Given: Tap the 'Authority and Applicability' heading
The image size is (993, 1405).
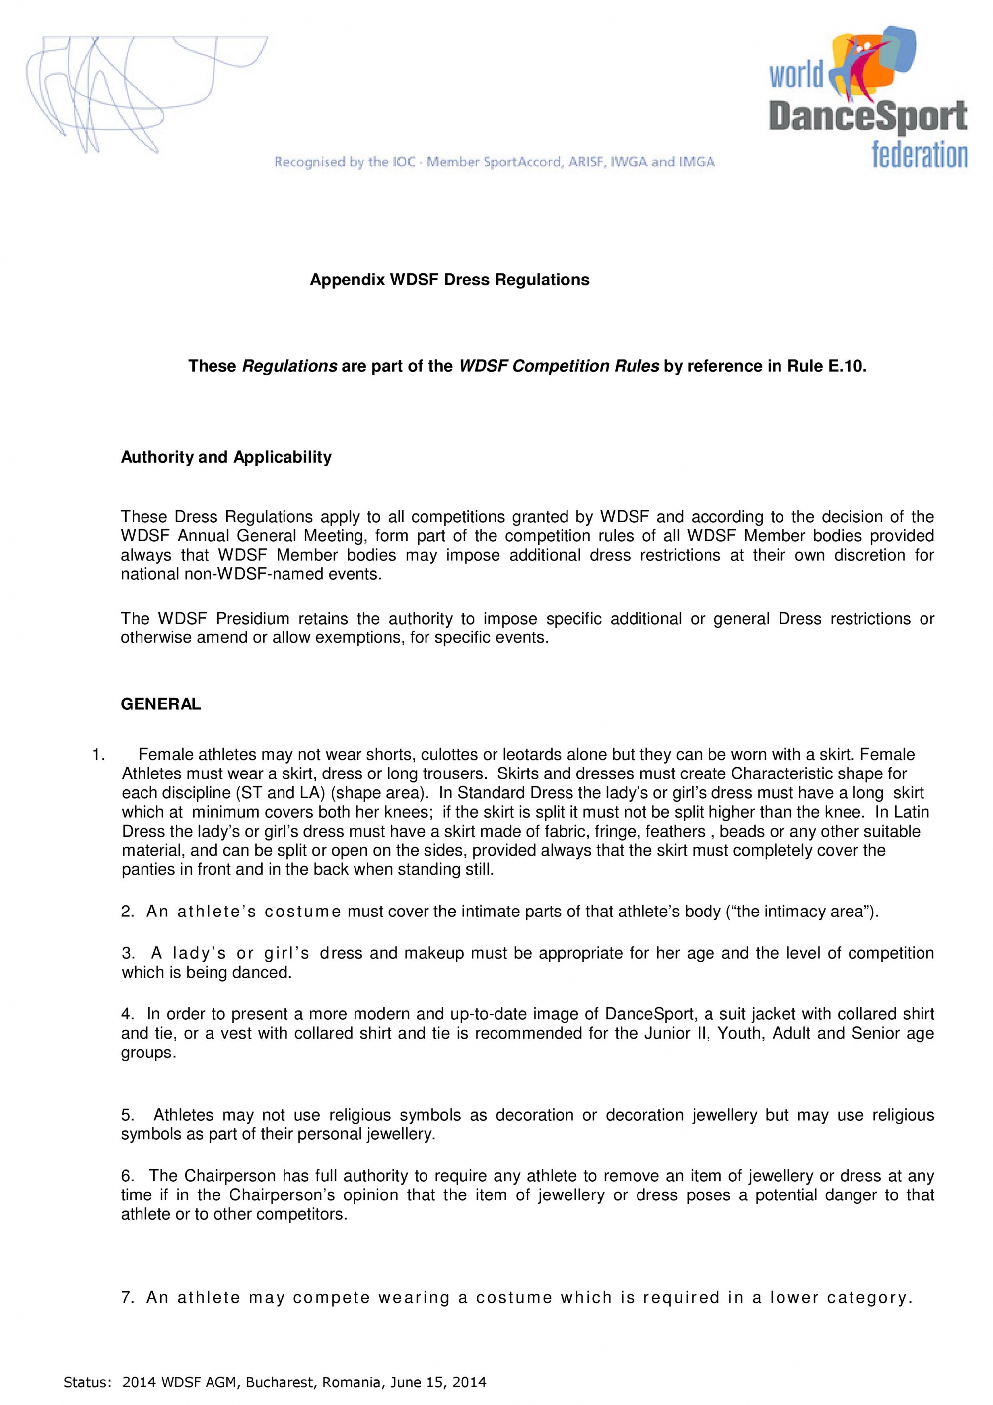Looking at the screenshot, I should (226, 457).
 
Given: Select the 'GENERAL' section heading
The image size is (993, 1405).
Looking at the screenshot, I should (160, 704).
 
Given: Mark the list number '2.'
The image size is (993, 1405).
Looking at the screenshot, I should (127, 912).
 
